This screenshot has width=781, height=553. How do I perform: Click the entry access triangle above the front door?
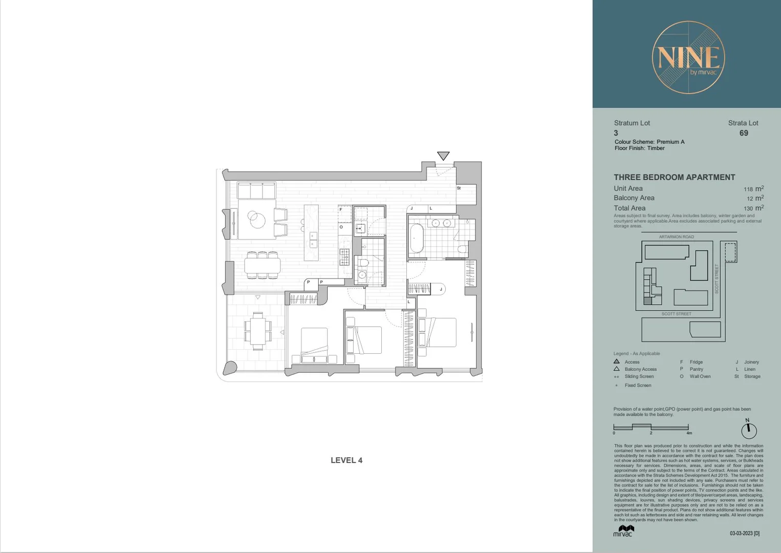[x=443, y=156]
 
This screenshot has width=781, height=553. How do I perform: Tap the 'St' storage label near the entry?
[x=459, y=188]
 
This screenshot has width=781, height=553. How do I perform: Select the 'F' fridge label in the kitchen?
[x=341, y=209]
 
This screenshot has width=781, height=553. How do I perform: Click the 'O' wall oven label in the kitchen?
[x=341, y=227]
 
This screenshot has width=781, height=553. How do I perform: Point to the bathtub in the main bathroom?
[x=416, y=238]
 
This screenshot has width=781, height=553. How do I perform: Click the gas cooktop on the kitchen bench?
[x=344, y=257]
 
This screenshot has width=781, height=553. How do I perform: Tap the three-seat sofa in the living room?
[x=256, y=190]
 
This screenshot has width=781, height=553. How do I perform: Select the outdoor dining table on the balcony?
[x=257, y=331]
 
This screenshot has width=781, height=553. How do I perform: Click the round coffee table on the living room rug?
[x=256, y=220]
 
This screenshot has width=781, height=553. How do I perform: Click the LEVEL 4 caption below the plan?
[x=346, y=460]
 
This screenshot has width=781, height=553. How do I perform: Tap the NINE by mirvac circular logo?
[x=688, y=57]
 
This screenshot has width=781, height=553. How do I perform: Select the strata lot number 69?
[x=743, y=133]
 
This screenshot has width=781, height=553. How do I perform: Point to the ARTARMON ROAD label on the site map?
[x=676, y=237]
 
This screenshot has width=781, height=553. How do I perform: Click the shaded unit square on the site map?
[x=647, y=301]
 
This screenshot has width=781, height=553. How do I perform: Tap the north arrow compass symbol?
[x=748, y=430]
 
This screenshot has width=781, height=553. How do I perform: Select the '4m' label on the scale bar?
[x=689, y=433]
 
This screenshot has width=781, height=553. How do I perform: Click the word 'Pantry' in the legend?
[x=696, y=369]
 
